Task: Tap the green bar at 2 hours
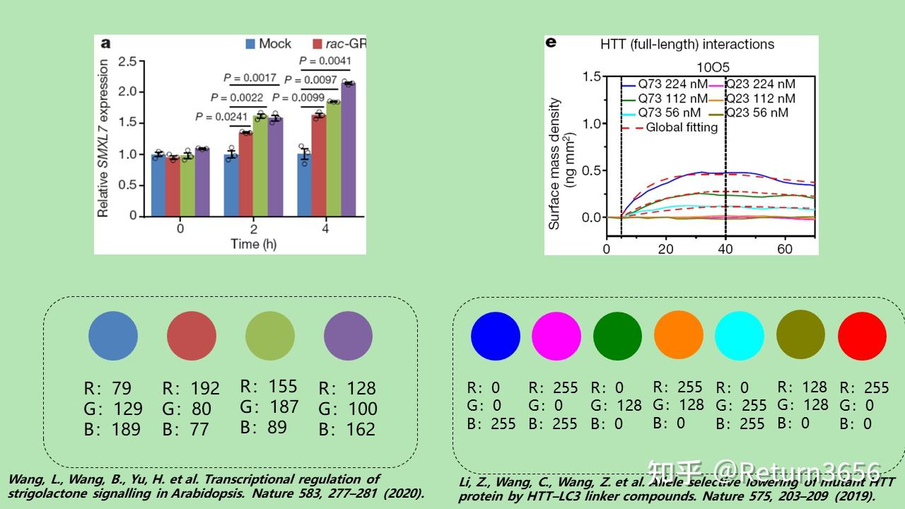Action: point(261,166)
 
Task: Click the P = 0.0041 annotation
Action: point(325,61)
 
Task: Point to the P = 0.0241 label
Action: point(221,117)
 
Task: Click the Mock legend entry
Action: point(269,44)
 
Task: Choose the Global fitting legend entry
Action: point(672,127)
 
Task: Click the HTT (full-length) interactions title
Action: point(687,45)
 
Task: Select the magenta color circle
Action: point(556,336)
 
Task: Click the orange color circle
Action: point(679,336)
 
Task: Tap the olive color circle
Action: point(800,336)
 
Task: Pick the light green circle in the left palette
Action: point(270,336)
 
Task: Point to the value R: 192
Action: point(191,388)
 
